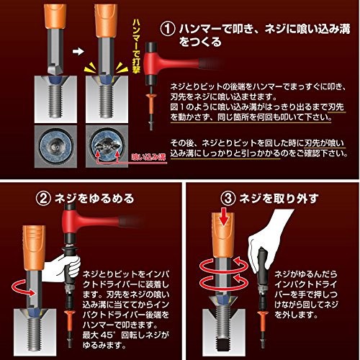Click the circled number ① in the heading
point(168,29)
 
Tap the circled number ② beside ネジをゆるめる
point(43,199)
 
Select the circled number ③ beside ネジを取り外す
point(228,199)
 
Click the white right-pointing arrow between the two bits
point(78,51)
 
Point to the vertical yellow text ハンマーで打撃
point(136,46)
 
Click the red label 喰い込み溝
point(148,157)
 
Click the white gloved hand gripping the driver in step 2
point(61,269)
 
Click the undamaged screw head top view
point(55,145)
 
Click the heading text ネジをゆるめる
point(94,199)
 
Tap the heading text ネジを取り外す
point(279,199)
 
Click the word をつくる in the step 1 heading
point(200,42)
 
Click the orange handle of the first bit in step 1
point(55,17)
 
